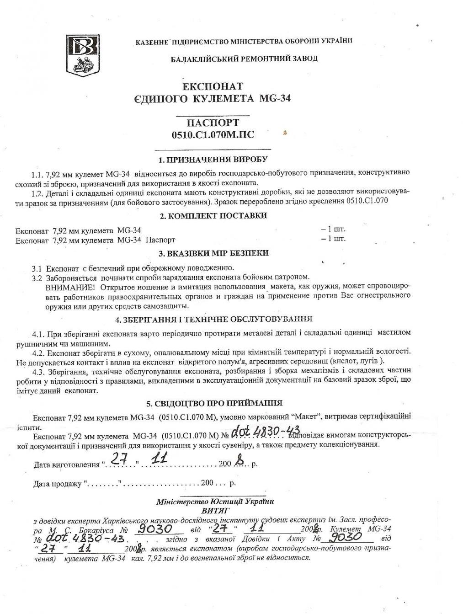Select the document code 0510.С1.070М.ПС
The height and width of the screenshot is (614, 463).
(x=213, y=135)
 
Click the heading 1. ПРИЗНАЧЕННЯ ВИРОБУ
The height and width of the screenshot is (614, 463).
(x=213, y=160)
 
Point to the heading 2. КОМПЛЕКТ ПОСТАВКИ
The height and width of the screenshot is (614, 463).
(x=213, y=216)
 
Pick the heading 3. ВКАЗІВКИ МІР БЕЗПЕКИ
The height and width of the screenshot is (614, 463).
(x=213, y=253)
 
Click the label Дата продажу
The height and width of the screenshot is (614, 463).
(x=58, y=483)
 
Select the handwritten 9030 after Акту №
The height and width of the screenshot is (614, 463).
(x=349, y=537)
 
